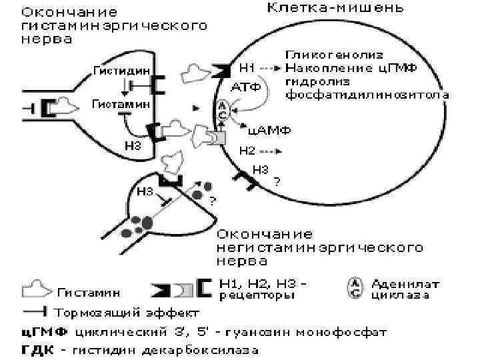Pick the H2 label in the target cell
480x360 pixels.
click(x=247, y=150)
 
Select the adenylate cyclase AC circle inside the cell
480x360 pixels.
click(x=223, y=109)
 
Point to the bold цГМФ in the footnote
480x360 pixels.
click(x=41, y=330)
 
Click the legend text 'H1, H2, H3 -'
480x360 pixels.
click(x=264, y=283)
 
